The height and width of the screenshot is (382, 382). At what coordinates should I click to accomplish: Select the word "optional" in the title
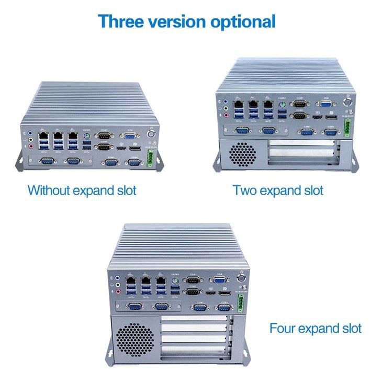243,23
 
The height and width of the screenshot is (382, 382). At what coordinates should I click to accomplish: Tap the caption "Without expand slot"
82,190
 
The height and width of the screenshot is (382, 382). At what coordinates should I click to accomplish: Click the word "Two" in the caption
245,190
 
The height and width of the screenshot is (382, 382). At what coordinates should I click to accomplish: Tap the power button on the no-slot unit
151,133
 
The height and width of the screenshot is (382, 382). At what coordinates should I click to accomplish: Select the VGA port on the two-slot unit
327,104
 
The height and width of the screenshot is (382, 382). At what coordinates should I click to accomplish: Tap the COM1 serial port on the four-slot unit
194,281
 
